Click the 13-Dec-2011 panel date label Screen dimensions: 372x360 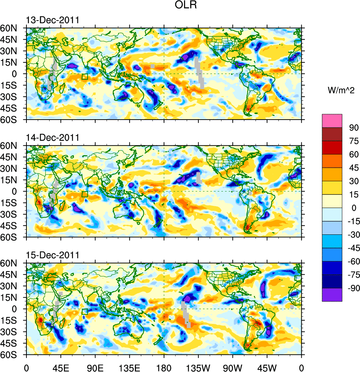53,20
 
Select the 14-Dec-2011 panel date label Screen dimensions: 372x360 53,138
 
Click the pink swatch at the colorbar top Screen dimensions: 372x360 332,120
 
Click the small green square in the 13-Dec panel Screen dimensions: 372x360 85,77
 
